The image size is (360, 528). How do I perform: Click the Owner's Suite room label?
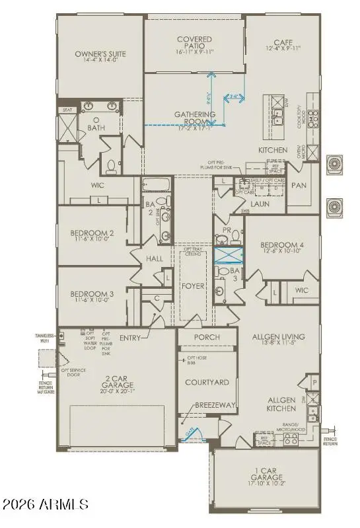pos(101,54)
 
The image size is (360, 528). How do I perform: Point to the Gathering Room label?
pos(196,116)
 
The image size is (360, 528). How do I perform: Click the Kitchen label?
pos(273,151)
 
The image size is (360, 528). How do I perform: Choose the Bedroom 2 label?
pos(93,233)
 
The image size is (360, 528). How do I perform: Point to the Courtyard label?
pos(207,382)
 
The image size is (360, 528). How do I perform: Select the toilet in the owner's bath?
pos(113,165)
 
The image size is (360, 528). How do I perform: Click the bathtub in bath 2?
pos(157,184)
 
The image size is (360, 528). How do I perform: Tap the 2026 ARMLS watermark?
pos(45,505)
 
